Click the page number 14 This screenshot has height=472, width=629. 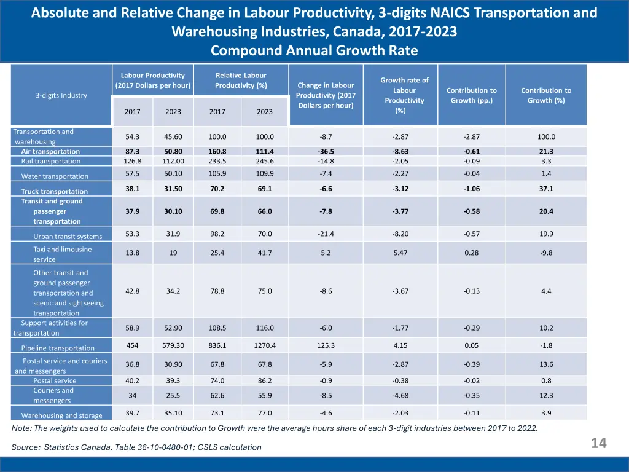(598, 443)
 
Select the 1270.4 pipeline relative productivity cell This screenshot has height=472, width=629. (265, 345)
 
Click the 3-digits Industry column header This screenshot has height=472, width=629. (61, 95)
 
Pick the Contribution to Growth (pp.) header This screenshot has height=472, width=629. (472, 95)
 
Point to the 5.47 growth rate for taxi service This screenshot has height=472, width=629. (400, 253)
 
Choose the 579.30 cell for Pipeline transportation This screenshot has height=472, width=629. (173, 345)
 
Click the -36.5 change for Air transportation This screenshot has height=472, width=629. (326, 151)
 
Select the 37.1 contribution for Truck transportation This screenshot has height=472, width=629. (546, 189)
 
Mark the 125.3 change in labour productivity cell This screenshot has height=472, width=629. (326, 345)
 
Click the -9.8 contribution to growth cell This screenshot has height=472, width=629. (546, 253)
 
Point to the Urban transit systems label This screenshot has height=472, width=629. (68, 236)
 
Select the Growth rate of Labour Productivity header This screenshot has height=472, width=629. (404, 95)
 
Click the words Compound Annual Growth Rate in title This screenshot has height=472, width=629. (314, 51)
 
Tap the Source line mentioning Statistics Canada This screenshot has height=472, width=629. (136, 447)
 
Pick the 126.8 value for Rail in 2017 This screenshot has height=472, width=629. (133, 161)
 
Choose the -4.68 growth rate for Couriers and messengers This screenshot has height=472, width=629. (400, 395)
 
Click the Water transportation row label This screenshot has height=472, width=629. (55, 176)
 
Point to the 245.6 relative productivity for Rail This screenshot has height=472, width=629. (265, 161)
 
